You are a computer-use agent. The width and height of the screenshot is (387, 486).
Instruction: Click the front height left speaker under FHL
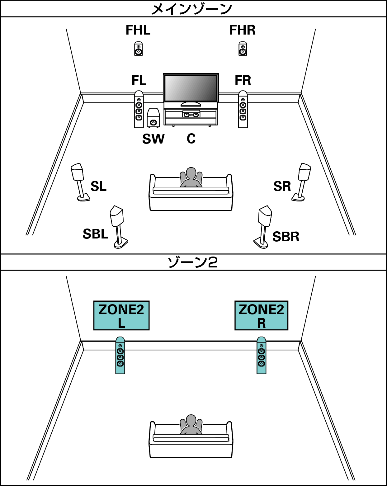139,49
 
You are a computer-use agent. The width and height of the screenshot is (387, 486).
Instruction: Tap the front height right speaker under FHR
243,49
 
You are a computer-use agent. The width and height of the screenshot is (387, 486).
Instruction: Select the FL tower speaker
139,110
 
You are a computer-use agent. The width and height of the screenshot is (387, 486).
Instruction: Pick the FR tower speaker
243,110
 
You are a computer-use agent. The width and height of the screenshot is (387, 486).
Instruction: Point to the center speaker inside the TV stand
191,115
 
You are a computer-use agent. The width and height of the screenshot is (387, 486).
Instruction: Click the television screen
191,88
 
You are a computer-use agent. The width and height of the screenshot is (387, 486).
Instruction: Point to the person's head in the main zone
191,173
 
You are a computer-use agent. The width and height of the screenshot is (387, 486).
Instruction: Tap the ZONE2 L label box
121,315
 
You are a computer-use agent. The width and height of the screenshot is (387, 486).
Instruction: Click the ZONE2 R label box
261,315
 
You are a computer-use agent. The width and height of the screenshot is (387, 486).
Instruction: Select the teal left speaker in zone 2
120,356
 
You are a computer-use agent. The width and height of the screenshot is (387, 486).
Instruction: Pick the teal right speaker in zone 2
262,356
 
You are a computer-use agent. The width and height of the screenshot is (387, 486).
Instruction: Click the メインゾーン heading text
192,9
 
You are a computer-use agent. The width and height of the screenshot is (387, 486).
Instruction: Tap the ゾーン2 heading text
192,262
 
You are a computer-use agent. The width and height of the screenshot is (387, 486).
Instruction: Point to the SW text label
153,139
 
